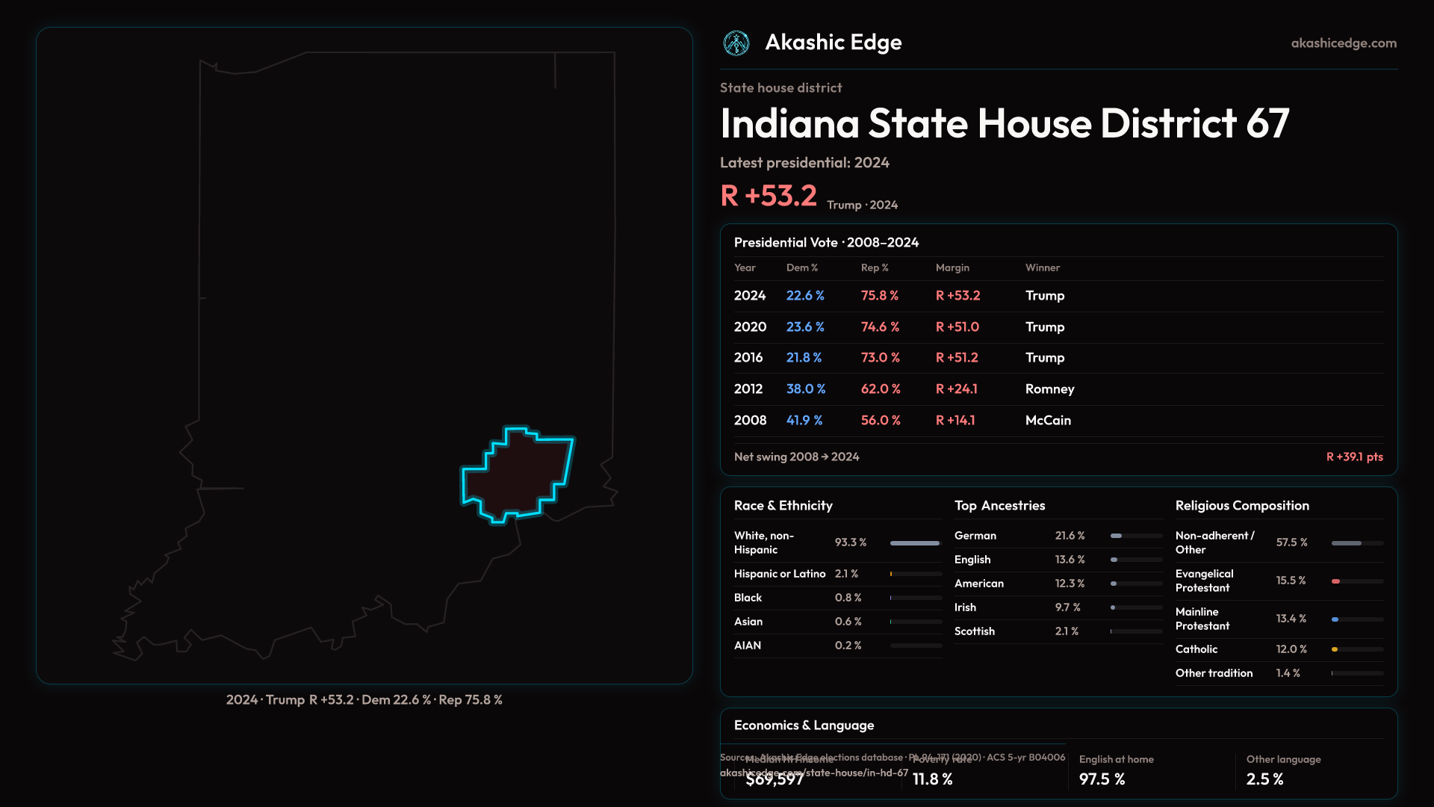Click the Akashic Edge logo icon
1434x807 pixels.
pos(736,43)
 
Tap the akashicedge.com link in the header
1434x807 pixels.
pos(1344,43)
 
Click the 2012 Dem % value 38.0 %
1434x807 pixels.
pos(805,389)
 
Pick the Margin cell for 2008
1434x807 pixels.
pos(955,421)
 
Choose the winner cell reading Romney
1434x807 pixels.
pos(1049,389)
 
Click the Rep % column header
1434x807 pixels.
pos(874,268)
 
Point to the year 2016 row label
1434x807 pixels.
pos(748,358)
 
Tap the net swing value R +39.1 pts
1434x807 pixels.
pos(1354,457)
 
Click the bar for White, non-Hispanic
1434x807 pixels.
pos(915,543)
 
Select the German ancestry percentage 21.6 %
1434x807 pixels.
pos(1070,536)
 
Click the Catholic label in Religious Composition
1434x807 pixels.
pos(1196,649)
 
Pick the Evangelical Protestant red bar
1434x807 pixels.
pos(1336,581)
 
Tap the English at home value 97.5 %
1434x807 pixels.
pos(1102,779)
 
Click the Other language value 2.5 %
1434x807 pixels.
pos(1264,779)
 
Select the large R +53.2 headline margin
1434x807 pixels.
pos(769,196)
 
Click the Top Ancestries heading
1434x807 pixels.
pos(999,506)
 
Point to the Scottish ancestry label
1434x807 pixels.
pos(974,631)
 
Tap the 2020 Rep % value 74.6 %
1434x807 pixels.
pos(880,327)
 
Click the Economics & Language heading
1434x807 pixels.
pos(804,726)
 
